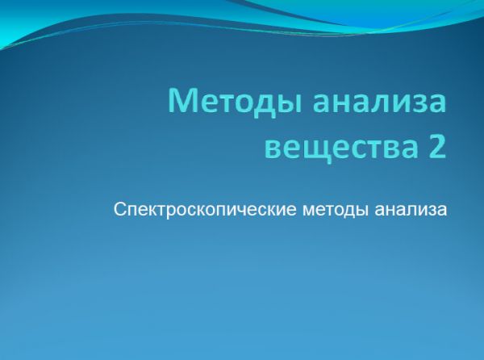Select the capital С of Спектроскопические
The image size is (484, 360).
point(119,210)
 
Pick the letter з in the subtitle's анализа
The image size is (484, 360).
point(432,211)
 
